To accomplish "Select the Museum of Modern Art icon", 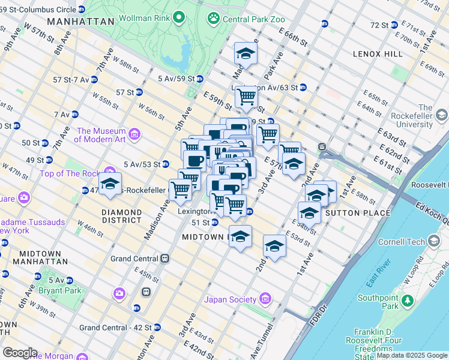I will (x=134, y=133).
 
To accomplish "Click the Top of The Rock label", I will (x=68, y=173).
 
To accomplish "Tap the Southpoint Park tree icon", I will (x=408, y=299).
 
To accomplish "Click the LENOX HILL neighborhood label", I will (x=378, y=54).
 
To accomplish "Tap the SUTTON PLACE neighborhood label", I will (x=350, y=212).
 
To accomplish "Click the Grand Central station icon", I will (x=164, y=259).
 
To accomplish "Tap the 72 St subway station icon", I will (x=394, y=25).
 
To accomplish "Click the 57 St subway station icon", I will (x=139, y=92).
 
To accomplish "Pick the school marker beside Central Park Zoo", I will (x=246, y=54).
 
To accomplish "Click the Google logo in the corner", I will (x=20, y=353).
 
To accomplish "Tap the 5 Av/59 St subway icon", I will (x=200, y=79).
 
